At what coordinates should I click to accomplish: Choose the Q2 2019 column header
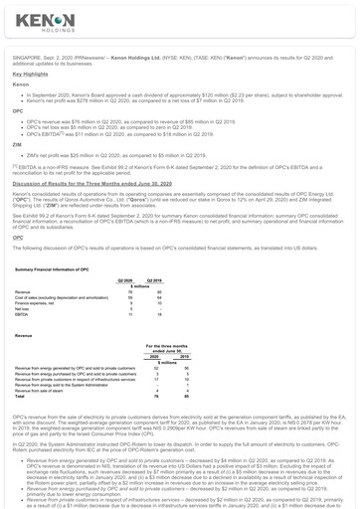coord(154,281)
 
